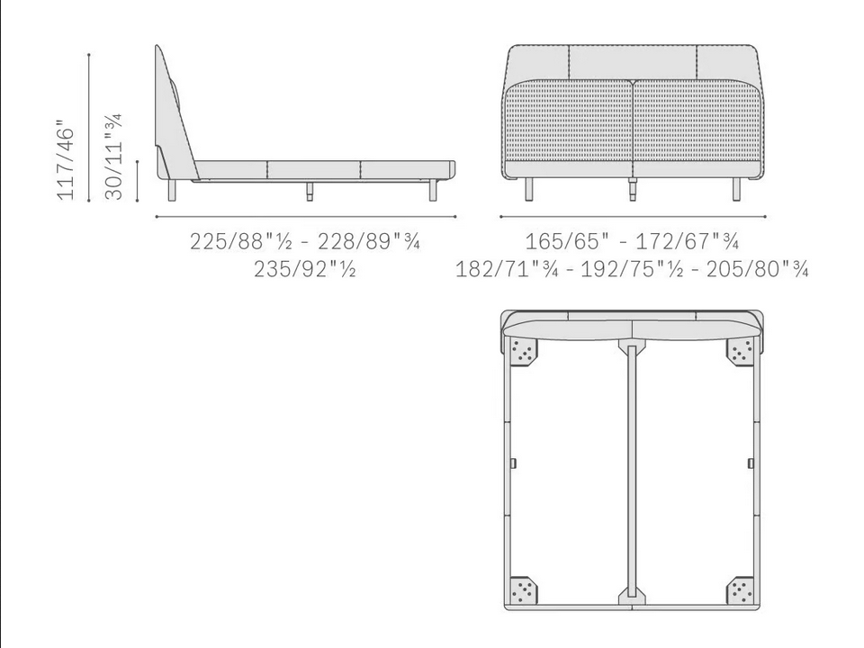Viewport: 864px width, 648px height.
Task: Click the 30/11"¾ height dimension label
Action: pos(113,157)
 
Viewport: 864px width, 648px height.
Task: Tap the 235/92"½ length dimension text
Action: pos(305,269)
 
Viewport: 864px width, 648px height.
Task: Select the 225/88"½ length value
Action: pos(241,241)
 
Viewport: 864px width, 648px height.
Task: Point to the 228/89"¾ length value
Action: pos(369,241)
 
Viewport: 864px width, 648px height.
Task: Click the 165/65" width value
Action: pos(567,241)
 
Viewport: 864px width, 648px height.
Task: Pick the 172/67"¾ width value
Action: pos(687,241)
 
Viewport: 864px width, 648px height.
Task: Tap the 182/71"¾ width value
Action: pos(507,269)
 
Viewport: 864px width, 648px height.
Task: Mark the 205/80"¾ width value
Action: pos(758,269)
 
